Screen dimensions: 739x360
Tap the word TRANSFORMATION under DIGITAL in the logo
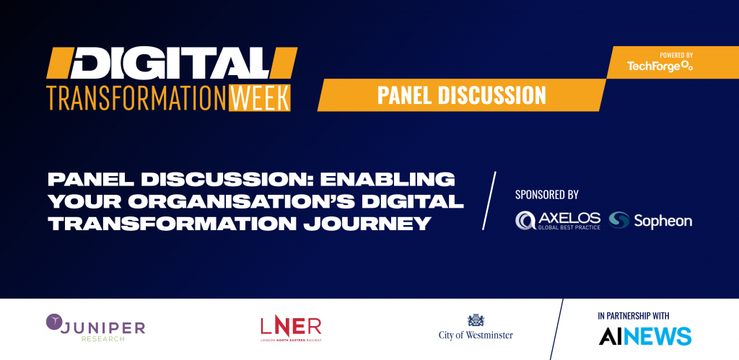point(136,98)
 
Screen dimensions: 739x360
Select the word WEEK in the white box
point(260,98)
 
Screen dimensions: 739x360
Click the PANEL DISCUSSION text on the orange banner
point(461,95)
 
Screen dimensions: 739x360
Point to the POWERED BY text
point(675,56)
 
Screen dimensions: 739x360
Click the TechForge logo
point(660,66)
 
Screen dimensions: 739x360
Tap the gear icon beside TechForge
point(687,66)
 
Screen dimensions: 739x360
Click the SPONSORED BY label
point(547,194)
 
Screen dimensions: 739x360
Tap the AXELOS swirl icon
point(525,221)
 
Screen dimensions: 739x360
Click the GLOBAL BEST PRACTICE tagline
point(569,227)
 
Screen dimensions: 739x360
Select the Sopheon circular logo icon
point(618,220)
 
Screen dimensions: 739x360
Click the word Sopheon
point(663,221)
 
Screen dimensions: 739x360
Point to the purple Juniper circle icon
point(55,322)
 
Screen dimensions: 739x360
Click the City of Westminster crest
point(476,320)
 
